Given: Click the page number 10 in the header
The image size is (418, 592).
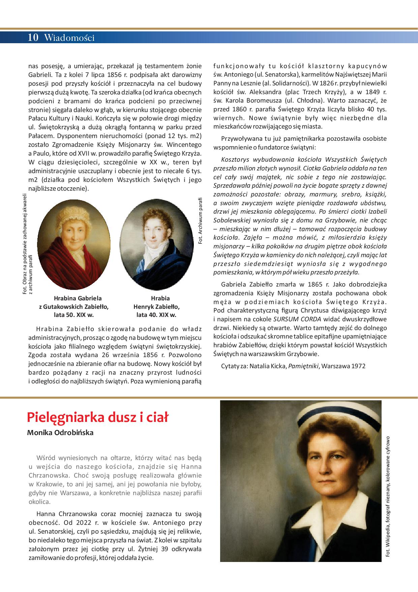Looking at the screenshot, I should [x=34, y=37].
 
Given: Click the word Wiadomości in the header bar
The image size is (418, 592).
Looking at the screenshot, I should [x=69, y=38].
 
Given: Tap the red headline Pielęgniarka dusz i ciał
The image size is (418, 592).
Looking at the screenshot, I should [x=97, y=418].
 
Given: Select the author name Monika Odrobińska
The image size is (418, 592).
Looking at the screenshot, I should [x=60, y=433].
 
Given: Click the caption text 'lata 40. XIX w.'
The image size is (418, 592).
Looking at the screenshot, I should [x=156, y=315].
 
